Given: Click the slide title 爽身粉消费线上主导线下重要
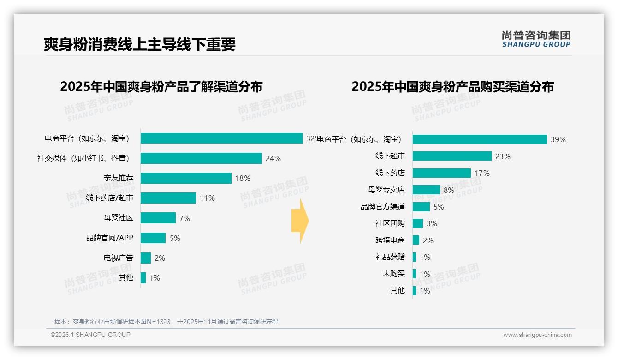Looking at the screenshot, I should click(x=139, y=44).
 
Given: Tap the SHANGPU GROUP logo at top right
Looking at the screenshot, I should click(x=536, y=39).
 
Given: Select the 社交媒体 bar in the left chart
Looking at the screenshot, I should click(x=201, y=158).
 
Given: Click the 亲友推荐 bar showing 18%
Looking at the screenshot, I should click(x=186, y=178).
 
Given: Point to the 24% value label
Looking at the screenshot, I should click(x=273, y=158).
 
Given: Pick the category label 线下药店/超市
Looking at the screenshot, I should click(x=109, y=198).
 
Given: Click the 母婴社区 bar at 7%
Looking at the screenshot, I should click(x=158, y=218).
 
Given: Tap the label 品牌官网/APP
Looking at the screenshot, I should click(x=109, y=238).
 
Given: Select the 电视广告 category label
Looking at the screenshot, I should click(x=118, y=258).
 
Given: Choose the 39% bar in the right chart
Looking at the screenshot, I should click(x=480, y=139).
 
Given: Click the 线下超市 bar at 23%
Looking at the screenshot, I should click(x=452, y=156).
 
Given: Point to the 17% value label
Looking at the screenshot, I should click(x=482, y=173).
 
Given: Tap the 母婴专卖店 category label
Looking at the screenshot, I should click(x=386, y=190).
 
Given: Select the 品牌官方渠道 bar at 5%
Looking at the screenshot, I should click(x=421, y=207).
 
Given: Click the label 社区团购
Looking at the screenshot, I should click(x=390, y=223).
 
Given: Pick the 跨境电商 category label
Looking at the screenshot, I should click(x=390, y=240).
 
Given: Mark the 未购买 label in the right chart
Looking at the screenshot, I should click(x=393, y=274).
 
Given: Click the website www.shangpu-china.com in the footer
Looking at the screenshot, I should click(x=537, y=335).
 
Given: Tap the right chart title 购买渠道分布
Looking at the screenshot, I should click(x=452, y=87).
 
